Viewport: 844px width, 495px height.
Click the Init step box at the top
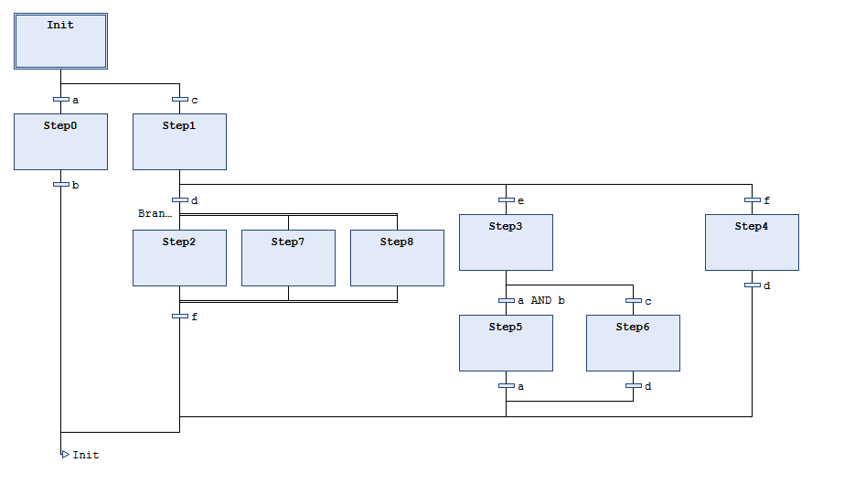click(x=60, y=41)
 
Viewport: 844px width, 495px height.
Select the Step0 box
click(x=60, y=142)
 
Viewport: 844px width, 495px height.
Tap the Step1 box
click(x=179, y=142)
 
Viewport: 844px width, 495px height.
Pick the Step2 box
click(x=179, y=258)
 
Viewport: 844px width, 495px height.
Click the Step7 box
click(x=288, y=258)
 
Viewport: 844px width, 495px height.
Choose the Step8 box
click(x=397, y=258)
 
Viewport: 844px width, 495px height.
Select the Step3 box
click(x=506, y=242)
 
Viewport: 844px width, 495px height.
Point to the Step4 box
click(x=752, y=242)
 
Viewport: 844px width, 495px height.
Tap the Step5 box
click(x=506, y=343)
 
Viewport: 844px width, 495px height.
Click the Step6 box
click(x=633, y=343)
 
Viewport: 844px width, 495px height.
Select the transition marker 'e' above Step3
click(x=506, y=199)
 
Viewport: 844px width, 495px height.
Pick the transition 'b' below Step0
click(x=61, y=185)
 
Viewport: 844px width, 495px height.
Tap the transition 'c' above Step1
click(x=180, y=100)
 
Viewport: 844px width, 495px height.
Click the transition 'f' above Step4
click(x=752, y=199)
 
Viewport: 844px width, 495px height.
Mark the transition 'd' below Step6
click(x=633, y=386)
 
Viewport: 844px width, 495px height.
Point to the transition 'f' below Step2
click(x=180, y=317)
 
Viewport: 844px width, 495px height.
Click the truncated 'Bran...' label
click(x=155, y=213)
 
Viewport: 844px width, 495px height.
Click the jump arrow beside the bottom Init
click(x=65, y=454)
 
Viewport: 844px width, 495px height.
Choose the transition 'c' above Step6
click(x=633, y=300)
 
